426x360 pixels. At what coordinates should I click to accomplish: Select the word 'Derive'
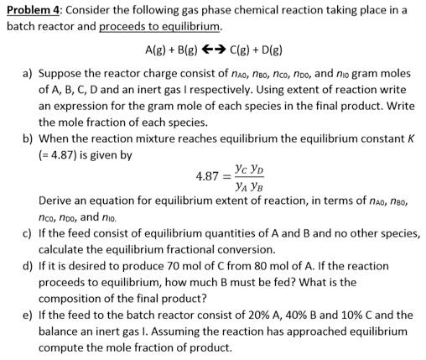pyautogui.click(x=57, y=201)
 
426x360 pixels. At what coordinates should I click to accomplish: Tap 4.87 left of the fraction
pyautogui.click(x=206, y=177)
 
